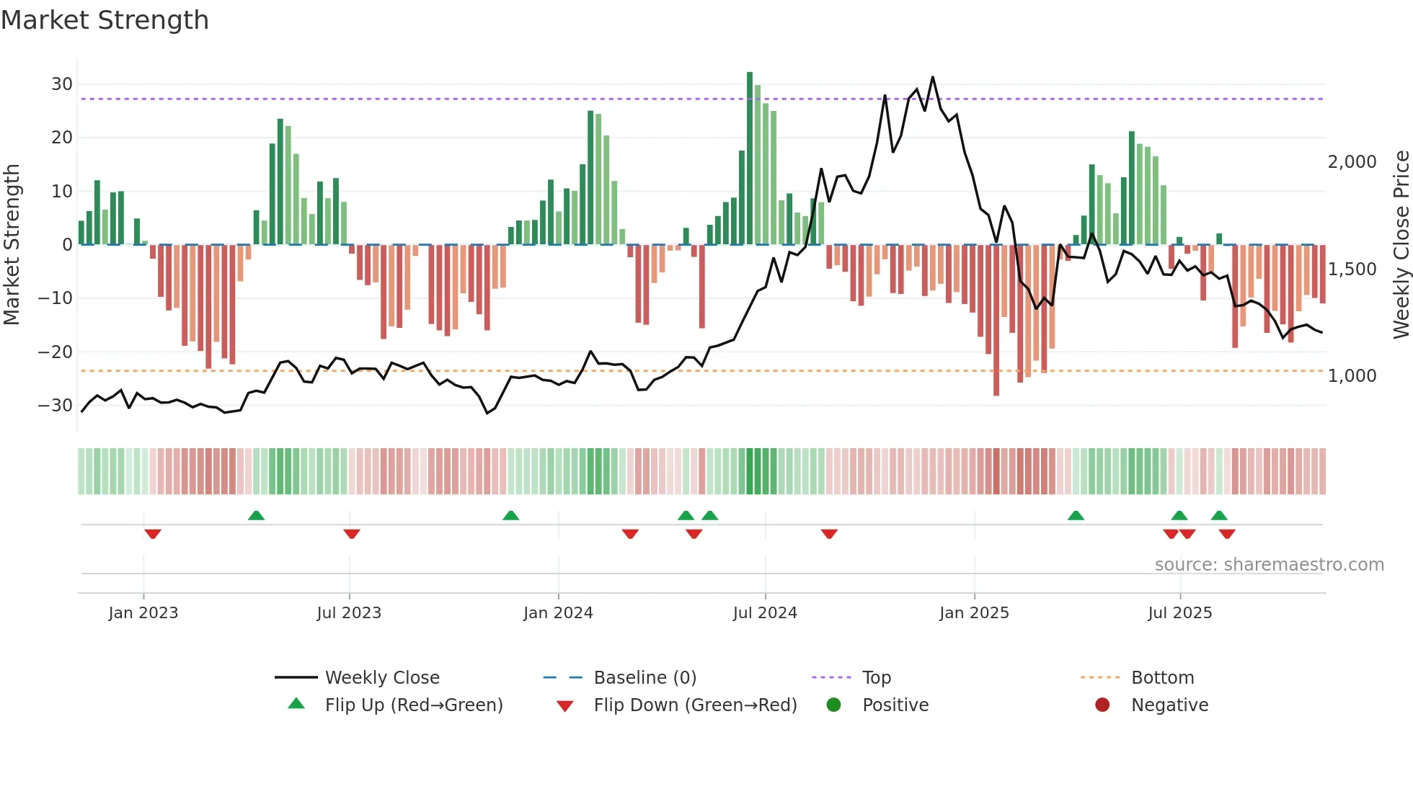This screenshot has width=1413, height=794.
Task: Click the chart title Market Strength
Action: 105,20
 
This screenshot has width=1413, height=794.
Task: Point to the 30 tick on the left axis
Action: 61,84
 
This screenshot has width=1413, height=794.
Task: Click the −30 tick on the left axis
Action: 56,406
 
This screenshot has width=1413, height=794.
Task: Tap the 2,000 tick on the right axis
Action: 1352,162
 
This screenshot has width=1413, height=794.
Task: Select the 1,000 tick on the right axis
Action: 1352,376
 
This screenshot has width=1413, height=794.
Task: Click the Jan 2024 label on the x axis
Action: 558,613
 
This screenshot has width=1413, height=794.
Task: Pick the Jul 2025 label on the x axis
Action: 1179,613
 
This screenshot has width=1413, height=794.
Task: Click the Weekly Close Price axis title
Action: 1401,245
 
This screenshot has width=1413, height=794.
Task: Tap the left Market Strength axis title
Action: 12,245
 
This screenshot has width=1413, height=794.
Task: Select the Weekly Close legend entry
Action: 381,678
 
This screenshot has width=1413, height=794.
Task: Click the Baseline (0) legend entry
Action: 645,678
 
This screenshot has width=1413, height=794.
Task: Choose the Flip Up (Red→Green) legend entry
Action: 413,705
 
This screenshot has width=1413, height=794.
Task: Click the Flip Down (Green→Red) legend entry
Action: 695,705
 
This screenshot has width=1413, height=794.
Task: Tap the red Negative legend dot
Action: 1102,705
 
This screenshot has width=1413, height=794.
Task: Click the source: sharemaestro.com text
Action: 1269,565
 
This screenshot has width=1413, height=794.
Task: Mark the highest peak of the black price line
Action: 933,77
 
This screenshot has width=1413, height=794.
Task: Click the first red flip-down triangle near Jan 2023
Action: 152,534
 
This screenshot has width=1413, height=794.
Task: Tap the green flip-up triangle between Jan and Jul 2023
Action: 256,515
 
